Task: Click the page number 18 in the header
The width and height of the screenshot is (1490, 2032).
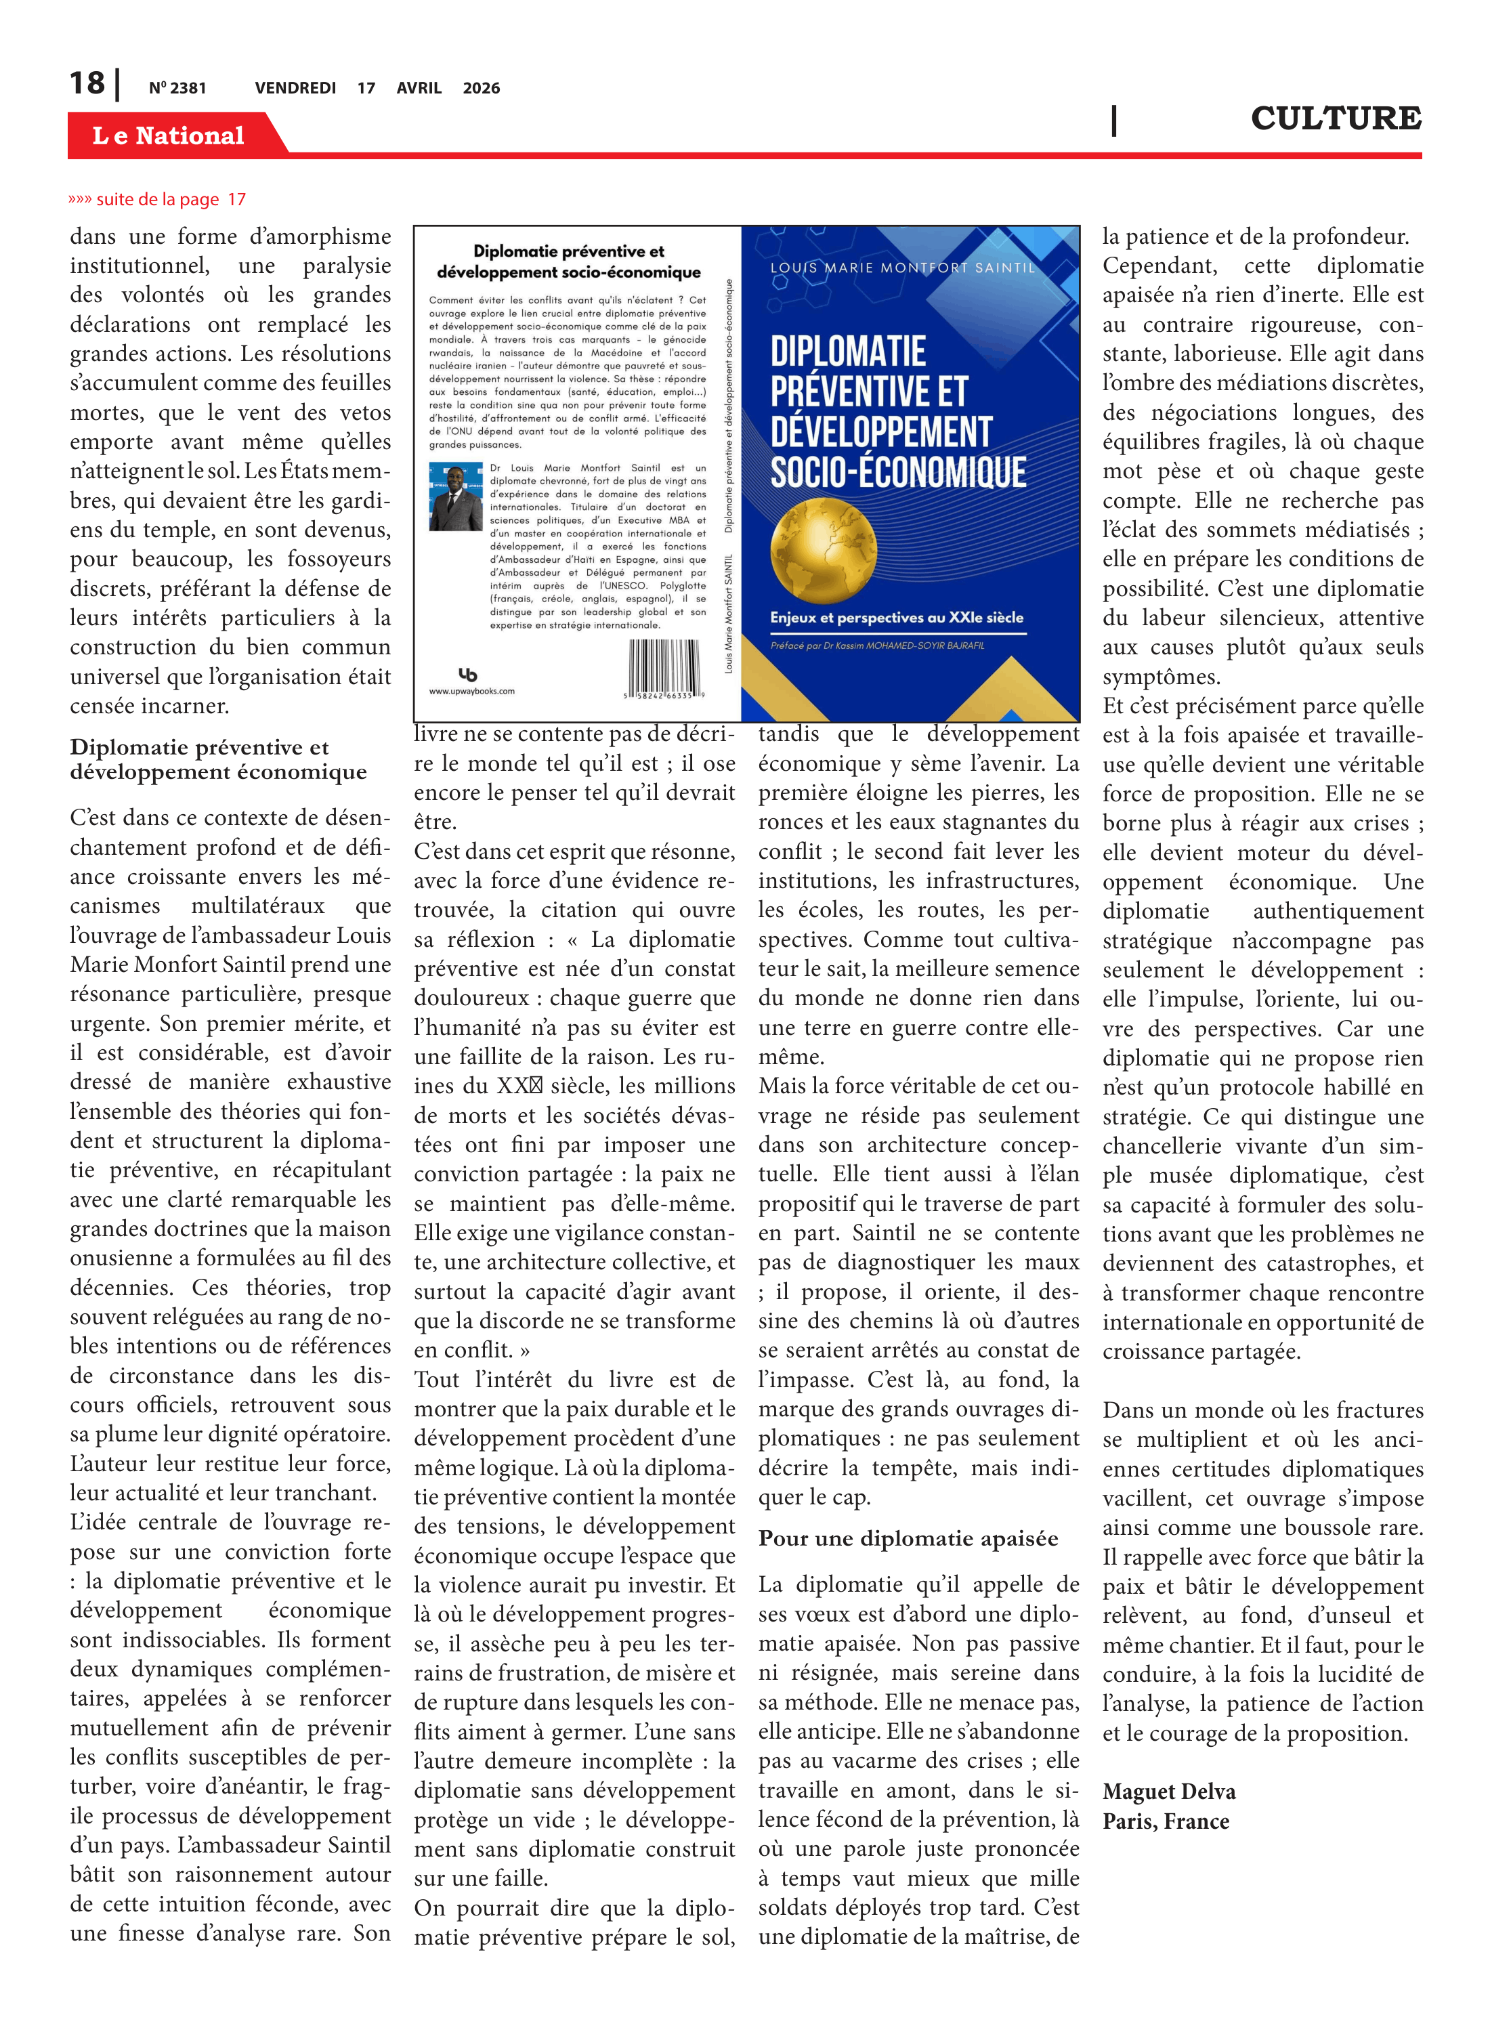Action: (87, 83)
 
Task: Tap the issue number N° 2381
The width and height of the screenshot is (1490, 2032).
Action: (177, 88)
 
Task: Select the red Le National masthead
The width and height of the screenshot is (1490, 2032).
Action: (169, 135)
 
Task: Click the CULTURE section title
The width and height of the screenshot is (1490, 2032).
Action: (1335, 118)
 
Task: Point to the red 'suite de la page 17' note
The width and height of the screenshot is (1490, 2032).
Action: (158, 199)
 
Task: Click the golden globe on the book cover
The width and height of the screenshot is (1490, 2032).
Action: (823, 551)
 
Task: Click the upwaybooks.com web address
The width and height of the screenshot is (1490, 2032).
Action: (471, 691)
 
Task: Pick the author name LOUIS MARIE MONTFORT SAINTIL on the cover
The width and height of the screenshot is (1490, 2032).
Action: (903, 268)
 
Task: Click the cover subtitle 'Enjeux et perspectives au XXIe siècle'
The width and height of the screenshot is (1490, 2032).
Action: (897, 618)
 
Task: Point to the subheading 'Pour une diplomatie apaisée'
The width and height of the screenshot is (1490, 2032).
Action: (908, 1539)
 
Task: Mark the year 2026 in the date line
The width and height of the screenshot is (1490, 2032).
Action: (481, 88)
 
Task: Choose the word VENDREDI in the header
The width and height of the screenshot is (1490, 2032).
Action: (295, 88)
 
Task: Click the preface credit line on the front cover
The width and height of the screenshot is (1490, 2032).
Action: (876, 645)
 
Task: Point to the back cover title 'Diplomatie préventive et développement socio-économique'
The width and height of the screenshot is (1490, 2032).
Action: (568, 261)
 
